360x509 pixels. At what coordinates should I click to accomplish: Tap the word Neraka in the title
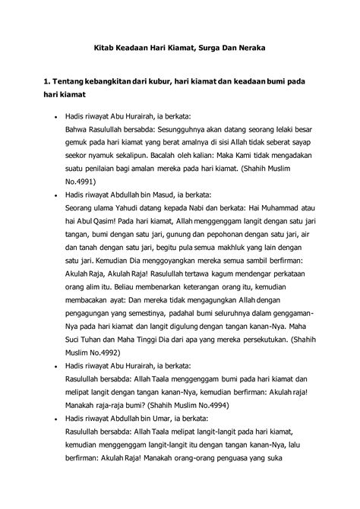pos(248,48)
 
